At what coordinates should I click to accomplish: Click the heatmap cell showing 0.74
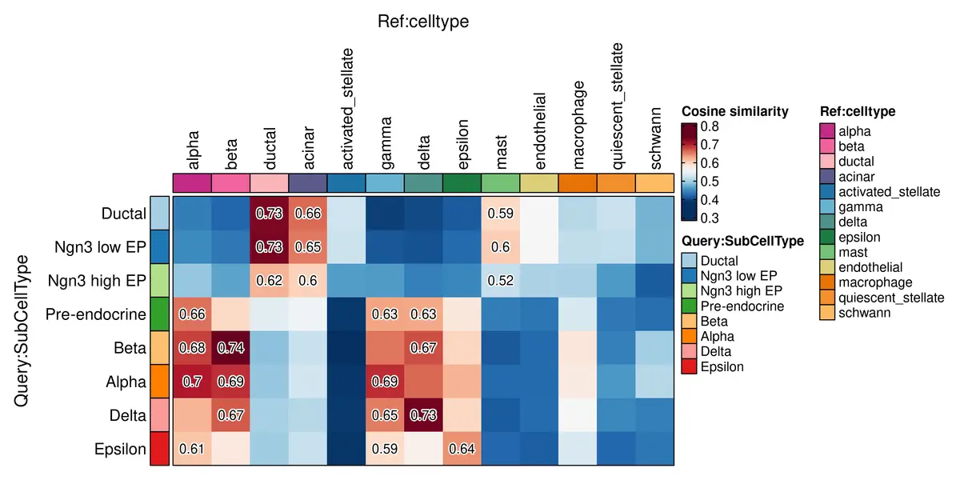(x=231, y=348)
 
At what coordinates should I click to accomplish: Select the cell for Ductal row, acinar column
(x=308, y=214)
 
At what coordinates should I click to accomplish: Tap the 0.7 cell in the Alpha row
(x=193, y=382)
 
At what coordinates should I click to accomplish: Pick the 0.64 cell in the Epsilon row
(x=462, y=449)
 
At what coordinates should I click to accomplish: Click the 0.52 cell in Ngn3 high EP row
(x=501, y=281)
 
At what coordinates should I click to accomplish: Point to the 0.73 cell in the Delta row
(x=424, y=415)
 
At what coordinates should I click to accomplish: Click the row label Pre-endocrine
(x=97, y=314)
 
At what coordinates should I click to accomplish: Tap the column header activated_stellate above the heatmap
(x=346, y=108)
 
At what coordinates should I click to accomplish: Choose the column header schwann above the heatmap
(x=655, y=136)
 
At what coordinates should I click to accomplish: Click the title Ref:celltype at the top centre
(x=423, y=22)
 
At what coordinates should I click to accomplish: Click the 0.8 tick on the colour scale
(x=709, y=126)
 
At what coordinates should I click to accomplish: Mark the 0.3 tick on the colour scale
(x=709, y=217)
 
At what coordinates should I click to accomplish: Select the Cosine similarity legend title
(x=735, y=111)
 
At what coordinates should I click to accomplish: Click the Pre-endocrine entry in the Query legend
(x=742, y=306)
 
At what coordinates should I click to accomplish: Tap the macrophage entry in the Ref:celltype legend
(x=874, y=282)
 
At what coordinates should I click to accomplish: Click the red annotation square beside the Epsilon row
(x=160, y=449)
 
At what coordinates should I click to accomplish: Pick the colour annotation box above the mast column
(x=501, y=182)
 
